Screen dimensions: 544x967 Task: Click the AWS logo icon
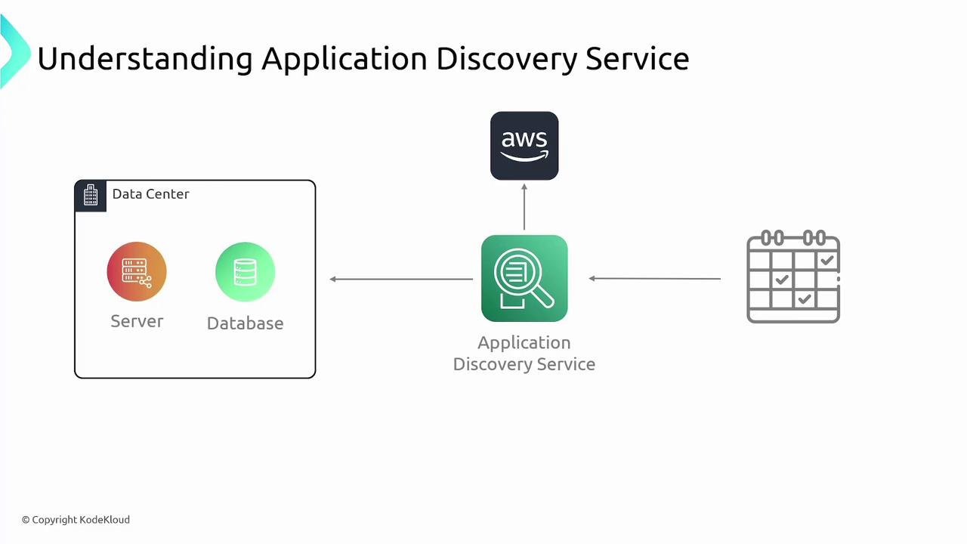(x=524, y=146)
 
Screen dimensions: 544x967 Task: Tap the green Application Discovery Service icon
(x=524, y=278)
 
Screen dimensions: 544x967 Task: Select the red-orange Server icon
(x=137, y=271)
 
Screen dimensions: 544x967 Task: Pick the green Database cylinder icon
(x=245, y=272)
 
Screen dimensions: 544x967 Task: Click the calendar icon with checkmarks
(x=793, y=277)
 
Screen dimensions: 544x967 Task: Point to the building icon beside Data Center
(x=91, y=195)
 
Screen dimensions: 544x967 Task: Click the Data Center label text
(x=150, y=194)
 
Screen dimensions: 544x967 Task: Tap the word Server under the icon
(x=137, y=321)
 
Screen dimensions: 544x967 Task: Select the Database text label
(x=245, y=323)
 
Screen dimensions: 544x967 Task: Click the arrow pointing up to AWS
(x=524, y=206)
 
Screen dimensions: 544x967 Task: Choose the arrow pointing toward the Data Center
(x=401, y=279)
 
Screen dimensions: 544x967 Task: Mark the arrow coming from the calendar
(x=654, y=279)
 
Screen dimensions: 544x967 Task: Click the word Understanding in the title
(x=144, y=59)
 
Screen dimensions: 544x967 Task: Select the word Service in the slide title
(x=637, y=59)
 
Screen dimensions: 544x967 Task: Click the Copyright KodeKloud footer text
(x=76, y=520)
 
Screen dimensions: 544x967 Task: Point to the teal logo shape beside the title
(x=14, y=51)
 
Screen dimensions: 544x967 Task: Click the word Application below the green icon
(x=524, y=342)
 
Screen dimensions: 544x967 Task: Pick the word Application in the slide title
(x=344, y=59)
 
